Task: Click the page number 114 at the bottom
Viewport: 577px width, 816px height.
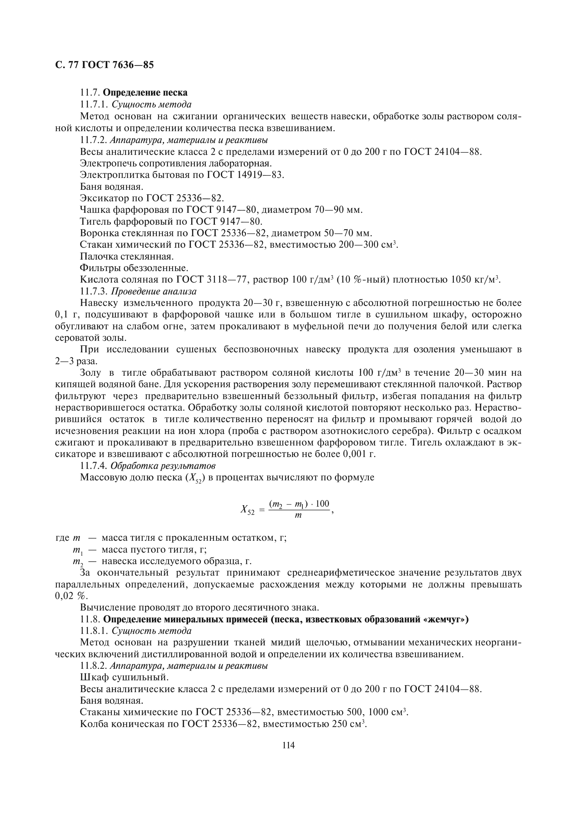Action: pyautogui.click(x=288, y=745)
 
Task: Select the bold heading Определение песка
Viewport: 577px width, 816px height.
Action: pyautogui.click(x=145, y=93)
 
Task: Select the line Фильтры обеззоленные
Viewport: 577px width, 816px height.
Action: pyautogui.click(x=134, y=268)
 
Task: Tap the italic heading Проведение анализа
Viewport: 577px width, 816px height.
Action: pyautogui.click(x=153, y=291)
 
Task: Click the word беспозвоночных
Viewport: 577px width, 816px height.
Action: pyautogui.click(x=261, y=350)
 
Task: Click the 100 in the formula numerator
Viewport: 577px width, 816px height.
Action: pyautogui.click(x=322, y=504)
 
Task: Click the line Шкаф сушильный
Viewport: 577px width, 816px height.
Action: pyautogui.click(x=124, y=677)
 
